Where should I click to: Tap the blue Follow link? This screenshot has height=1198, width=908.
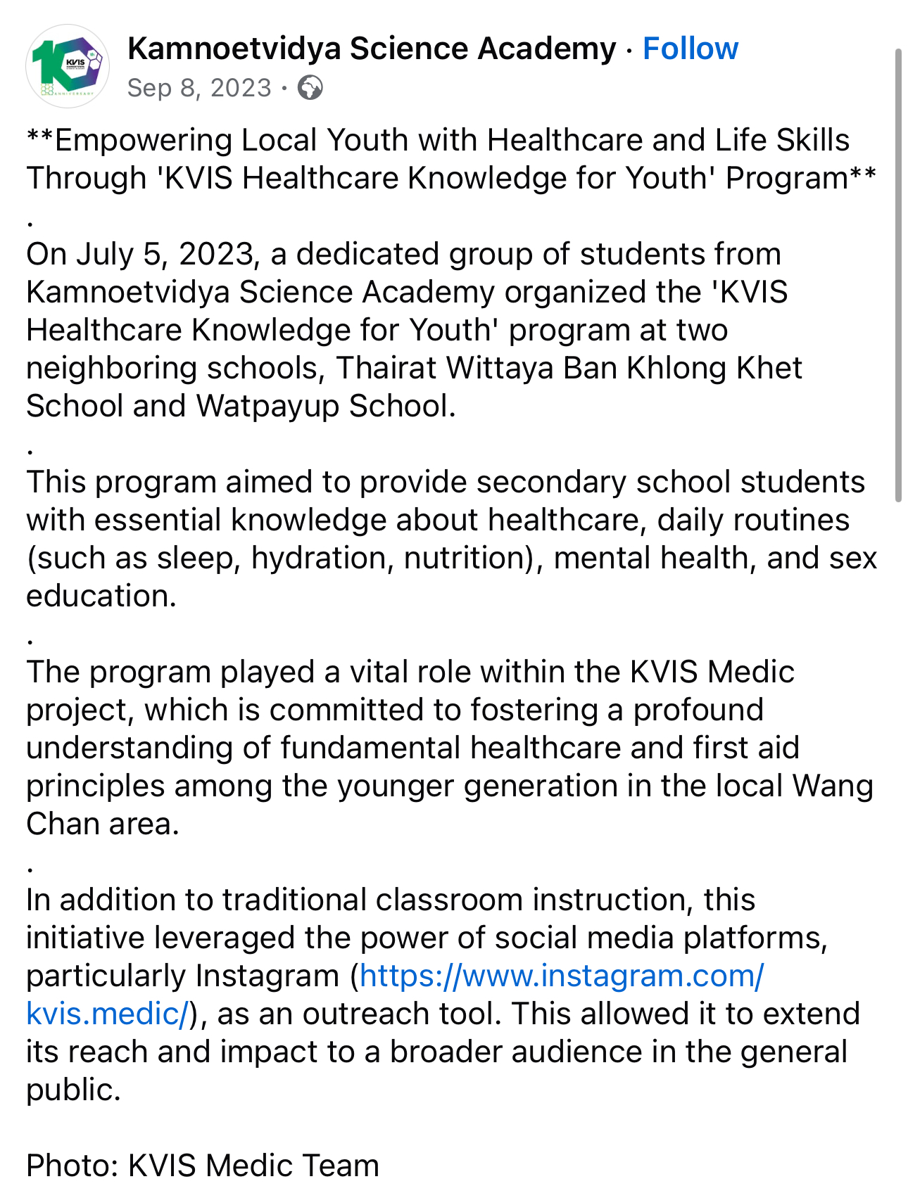pos(690,49)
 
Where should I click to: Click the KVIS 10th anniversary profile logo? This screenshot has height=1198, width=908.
pos(68,66)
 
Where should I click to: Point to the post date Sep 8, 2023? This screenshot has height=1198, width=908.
pos(199,88)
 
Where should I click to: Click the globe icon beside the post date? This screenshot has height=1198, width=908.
pos(310,88)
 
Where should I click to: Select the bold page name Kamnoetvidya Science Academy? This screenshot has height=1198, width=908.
pos(372,49)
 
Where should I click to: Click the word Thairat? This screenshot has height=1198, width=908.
pos(386,368)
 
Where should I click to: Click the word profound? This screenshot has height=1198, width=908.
pos(698,710)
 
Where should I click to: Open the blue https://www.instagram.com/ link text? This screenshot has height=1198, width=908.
pos(561,976)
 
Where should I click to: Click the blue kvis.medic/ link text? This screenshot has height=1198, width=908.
pos(107,1014)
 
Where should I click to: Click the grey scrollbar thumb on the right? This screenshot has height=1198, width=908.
pos(898,274)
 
